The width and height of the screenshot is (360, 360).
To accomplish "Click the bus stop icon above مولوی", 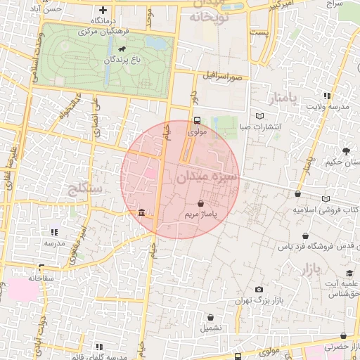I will click(x=197, y=120).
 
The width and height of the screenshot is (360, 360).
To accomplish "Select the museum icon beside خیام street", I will click(x=142, y=212).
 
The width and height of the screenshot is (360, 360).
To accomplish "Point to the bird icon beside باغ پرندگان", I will click(x=123, y=50).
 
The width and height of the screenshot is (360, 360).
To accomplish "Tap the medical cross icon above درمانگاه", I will click(x=103, y=10).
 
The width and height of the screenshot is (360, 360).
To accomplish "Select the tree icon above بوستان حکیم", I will click(x=345, y=150).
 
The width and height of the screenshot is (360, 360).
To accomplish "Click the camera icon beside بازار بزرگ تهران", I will click(x=259, y=290).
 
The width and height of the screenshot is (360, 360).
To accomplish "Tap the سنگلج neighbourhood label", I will click(x=85, y=188).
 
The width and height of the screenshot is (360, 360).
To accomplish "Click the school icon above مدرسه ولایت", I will click(x=327, y=96).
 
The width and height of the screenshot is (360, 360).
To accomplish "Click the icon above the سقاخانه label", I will click(x=41, y=267).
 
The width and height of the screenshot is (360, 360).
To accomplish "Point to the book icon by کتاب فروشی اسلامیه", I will click(x=326, y=199).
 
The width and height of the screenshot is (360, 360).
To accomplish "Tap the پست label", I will click(x=259, y=33).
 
